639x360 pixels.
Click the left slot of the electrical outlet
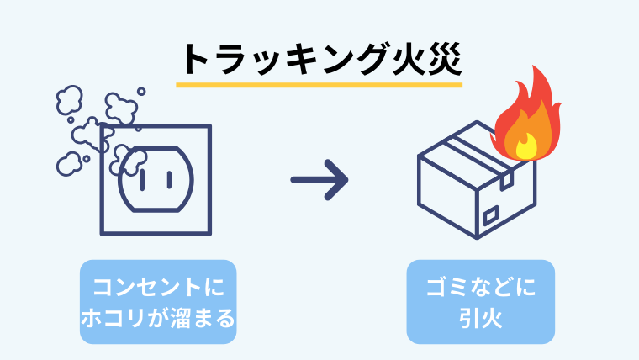[x=143, y=178]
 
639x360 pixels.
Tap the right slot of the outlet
[x=167, y=178]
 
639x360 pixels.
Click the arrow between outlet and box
[x=319, y=179]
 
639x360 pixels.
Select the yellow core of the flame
[x=525, y=148]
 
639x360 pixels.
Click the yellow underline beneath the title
[x=319, y=84]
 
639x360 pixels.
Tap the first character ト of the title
[x=196, y=60]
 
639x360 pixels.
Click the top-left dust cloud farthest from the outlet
[x=70, y=102]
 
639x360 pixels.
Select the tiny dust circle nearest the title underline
[x=141, y=91]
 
